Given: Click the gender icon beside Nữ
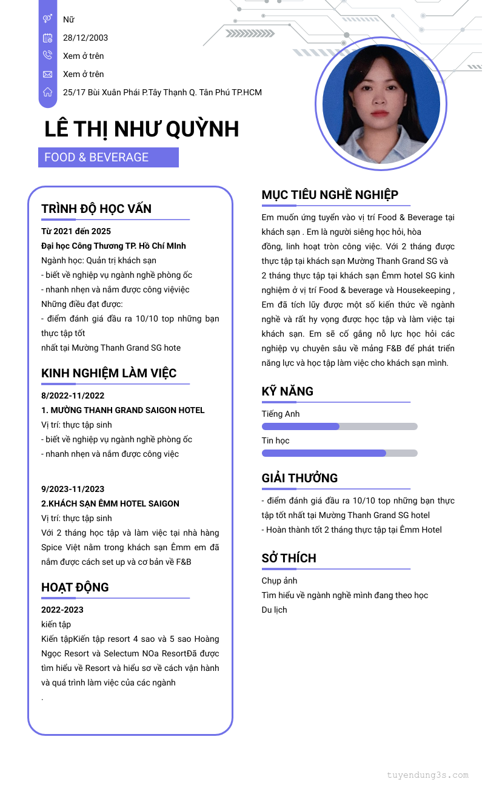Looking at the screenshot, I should pyautogui.click(x=47, y=19).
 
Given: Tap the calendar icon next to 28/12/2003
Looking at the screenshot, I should pyautogui.click(x=47, y=38).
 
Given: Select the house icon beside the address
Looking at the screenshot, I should pyautogui.click(x=47, y=92).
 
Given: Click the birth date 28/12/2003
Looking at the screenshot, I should pyautogui.click(x=85, y=38).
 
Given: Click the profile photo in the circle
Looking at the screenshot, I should pyautogui.click(x=381, y=100).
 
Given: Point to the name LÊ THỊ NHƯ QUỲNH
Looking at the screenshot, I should pyautogui.click(x=142, y=129).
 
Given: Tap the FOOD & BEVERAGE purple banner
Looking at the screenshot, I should pyautogui.click(x=109, y=157).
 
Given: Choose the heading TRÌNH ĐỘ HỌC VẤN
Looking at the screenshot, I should pyautogui.click(x=96, y=209).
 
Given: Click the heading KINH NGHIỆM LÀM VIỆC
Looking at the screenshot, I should pyautogui.click(x=109, y=373).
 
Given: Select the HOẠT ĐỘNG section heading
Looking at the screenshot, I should pyautogui.click(x=75, y=587).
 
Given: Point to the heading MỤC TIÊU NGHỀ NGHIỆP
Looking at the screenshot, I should pyautogui.click(x=330, y=195).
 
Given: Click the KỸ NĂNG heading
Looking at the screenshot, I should pyautogui.click(x=287, y=391).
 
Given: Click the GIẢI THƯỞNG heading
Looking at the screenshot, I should pyautogui.click(x=299, y=478).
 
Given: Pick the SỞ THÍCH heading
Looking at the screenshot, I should pyautogui.click(x=289, y=558).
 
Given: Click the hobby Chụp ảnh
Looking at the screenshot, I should pyautogui.click(x=279, y=581).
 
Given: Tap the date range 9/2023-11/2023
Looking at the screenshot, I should pyautogui.click(x=73, y=489).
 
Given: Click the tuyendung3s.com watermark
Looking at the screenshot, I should pyautogui.click(x=427, y=775).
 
